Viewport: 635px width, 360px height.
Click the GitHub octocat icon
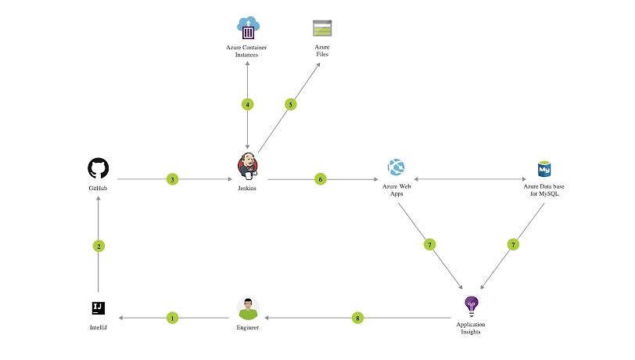point(99,168)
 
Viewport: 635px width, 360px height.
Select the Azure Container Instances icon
point(248,28)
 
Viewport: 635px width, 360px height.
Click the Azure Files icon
point(322,28)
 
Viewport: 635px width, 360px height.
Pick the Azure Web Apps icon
point(396,167)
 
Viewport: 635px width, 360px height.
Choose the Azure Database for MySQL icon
point(544,168)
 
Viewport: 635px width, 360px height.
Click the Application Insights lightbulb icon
point(470,304)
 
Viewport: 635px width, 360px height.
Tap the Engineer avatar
point(248,308)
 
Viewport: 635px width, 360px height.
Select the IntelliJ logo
point(99,308)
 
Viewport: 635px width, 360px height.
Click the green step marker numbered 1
point(173,318)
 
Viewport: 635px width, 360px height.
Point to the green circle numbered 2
point(99,246)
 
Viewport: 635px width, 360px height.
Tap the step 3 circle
point(172,179)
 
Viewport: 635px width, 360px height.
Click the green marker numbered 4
point(248,104)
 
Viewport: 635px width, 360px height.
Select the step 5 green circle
point(291,104)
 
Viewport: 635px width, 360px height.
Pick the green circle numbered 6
point(320,179)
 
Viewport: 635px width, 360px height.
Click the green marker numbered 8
point(358,318)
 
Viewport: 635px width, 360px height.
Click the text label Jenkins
point(247,189)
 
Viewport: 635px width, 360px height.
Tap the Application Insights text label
point(470,328)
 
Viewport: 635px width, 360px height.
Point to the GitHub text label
point(99,189)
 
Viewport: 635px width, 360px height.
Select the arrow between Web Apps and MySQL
point(470,179)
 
